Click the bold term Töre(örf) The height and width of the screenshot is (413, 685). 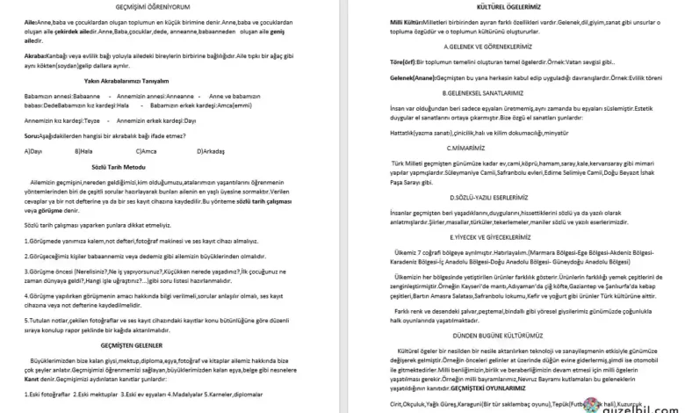point(380,62)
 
